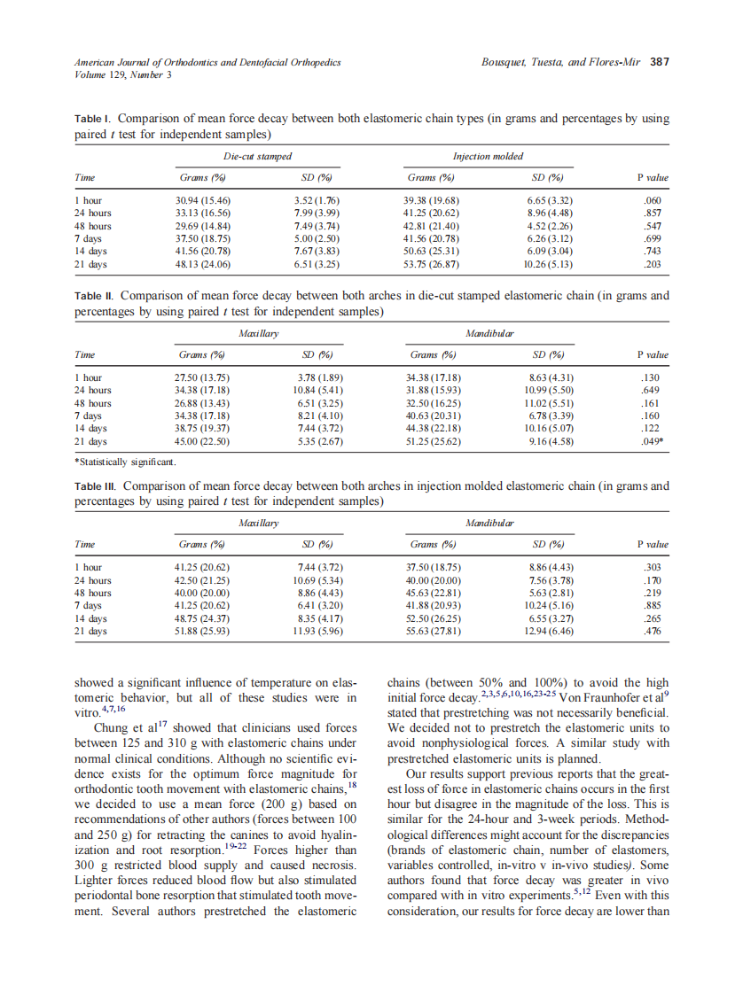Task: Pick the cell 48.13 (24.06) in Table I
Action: click(x=206, y=264)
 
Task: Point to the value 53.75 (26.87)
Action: click(x=432, y=264)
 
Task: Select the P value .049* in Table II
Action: click(x=653, y=441)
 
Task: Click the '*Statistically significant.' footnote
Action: click(x=125, y=462)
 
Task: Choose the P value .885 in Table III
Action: click(x=653, y=606)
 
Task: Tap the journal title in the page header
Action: click(x=207, y=63)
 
